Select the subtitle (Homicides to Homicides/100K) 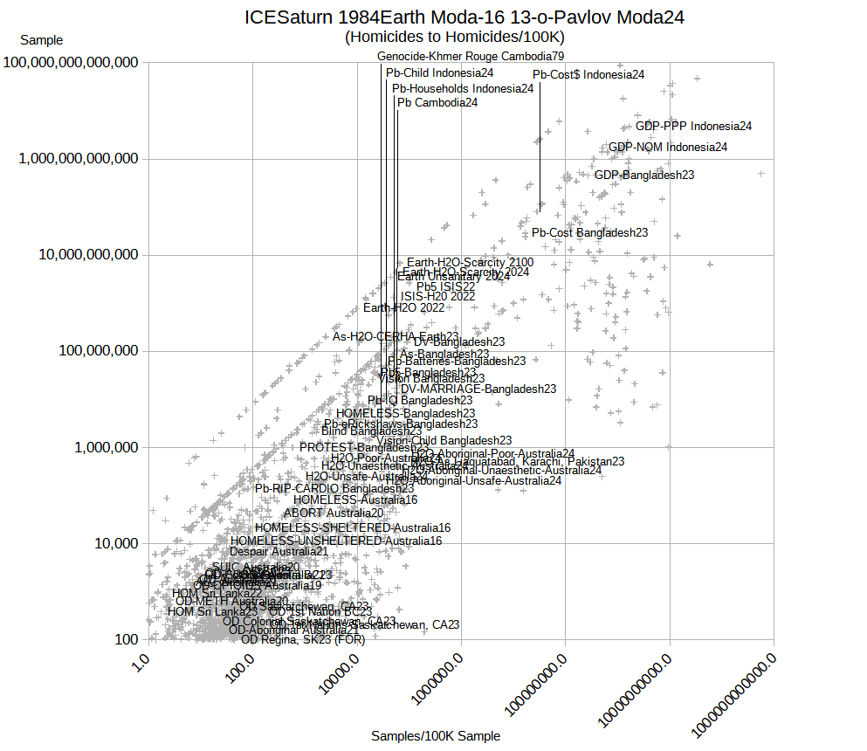[x=455, y=37]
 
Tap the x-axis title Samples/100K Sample [x=436, y=736]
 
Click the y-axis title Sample [x=42, y=40]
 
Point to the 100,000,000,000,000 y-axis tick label [x=74, y=63]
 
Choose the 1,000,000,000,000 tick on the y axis [x=83, y=159]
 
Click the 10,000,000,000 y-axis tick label [x=93, y=255]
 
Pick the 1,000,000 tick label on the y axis [x=104, y=447]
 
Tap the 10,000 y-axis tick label [x=114, y=543]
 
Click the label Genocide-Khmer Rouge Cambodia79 [x=471, y=56]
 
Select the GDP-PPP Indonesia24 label [x=693, y=126]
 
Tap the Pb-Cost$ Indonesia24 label [x=588, y=74]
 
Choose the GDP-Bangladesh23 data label [x=644, y=175]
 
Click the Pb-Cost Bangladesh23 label [x=590, y=232]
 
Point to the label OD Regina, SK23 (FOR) [x=303, y=639]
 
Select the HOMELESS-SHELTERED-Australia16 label [x=353, y=527]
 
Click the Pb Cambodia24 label [x=437, y=102]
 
